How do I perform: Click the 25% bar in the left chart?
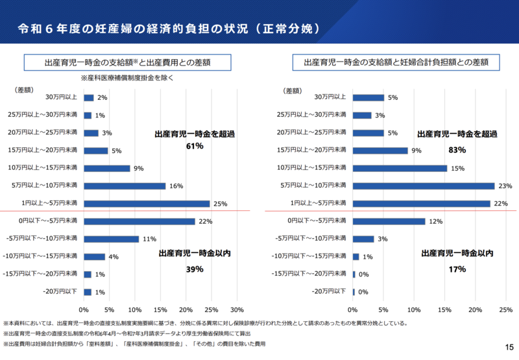147,204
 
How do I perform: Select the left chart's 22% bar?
139,221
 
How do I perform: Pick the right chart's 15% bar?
400,169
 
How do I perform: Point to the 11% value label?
150,239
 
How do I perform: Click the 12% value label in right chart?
435,222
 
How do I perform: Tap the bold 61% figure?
195,147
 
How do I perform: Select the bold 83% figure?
457,149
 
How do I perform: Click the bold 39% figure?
195,269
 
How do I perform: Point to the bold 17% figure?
457,269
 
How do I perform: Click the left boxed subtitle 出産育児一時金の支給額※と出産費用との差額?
128,63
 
